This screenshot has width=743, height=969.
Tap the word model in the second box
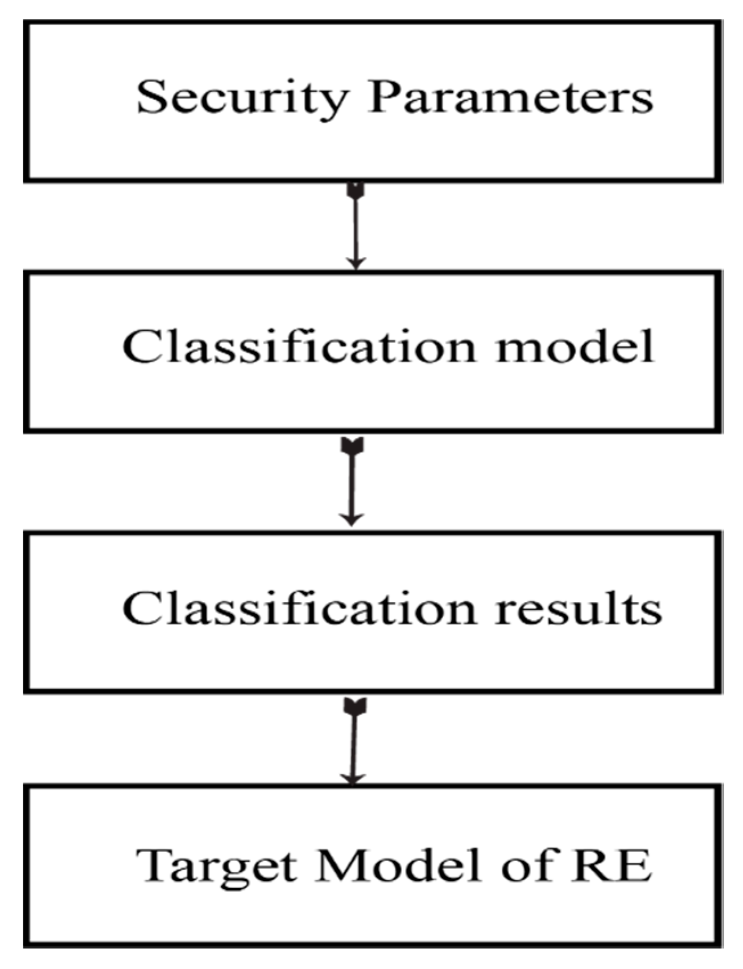click(575, 347)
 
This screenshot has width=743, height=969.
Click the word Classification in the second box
click(298, 347)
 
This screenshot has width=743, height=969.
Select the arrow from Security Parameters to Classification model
click(356, 228)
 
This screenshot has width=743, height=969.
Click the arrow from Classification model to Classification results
click(352, 484)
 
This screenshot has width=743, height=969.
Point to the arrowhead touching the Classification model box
click(356, 263)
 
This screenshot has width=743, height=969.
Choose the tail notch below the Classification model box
click(353, 446)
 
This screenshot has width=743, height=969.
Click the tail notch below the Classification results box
click(356, 707)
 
